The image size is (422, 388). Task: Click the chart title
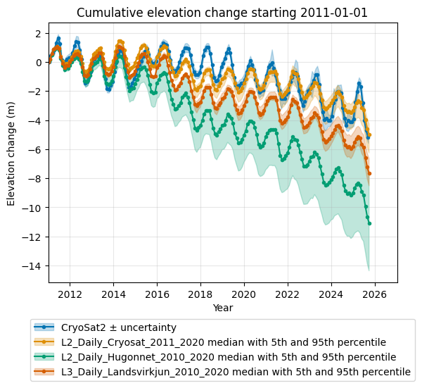coord(222,13)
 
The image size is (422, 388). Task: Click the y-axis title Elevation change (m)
coord(11,154)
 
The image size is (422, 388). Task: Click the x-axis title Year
coord(223,308)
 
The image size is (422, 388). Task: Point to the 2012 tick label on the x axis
coord(70,294)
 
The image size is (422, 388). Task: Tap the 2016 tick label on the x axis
coord(157,294)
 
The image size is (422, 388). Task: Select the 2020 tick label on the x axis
coord(244,294)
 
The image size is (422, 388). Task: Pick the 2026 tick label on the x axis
coord(375,294)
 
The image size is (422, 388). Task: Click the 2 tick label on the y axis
coord(39,34)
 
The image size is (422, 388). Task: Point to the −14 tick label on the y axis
coord(32,266)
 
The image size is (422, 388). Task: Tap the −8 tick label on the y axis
coord(35,179)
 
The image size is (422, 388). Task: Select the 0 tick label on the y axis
coord(39,63)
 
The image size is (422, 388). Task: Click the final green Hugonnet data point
coord(369,224)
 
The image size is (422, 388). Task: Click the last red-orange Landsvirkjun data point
coord(369,174)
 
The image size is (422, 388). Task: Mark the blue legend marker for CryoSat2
coord(44,327)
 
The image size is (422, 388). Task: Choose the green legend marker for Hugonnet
coord(44,357)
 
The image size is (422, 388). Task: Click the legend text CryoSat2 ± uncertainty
coord(119,327)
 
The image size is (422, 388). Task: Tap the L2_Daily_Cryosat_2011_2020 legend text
coord(133,342)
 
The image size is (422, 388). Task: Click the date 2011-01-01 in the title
coord(333,13)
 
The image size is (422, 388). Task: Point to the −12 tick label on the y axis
coord(32,237)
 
